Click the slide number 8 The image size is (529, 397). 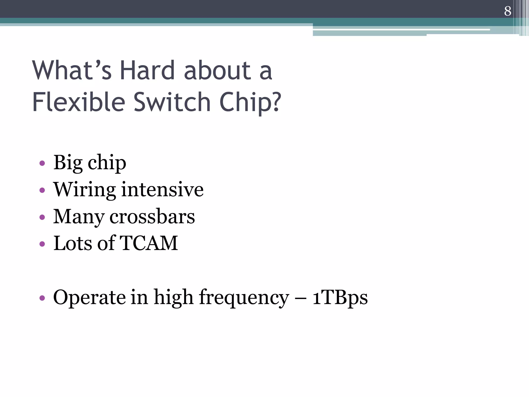507,11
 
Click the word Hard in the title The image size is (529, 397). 147,70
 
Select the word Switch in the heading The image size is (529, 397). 172,102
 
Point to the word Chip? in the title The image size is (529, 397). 250,102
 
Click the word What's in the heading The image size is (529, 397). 72,70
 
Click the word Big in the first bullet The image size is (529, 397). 68,163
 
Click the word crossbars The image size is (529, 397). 152,217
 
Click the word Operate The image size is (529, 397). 89,298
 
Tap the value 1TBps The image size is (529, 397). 340,297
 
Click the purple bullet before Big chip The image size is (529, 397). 42,163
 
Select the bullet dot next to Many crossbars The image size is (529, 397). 42,217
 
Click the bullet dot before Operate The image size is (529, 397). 42,298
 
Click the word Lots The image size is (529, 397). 73,243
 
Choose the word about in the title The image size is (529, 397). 217,70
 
